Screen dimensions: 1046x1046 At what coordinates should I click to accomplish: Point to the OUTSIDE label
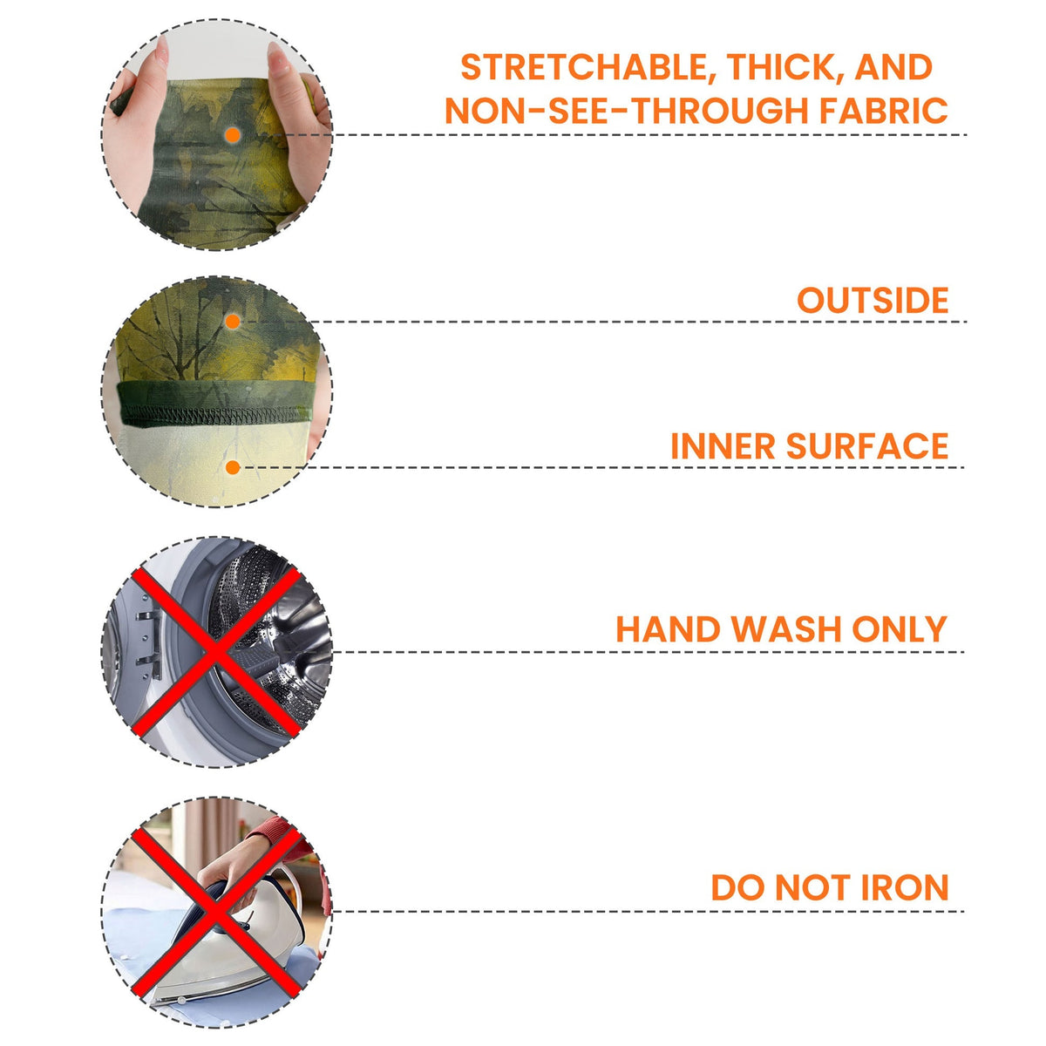tap(873, 300)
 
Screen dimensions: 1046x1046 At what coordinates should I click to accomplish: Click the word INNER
tap(723, 446)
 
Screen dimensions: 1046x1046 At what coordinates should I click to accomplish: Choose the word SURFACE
tap(866, 446)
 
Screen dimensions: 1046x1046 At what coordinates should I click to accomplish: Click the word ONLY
tap(900, 629)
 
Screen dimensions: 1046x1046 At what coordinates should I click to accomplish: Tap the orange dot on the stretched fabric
tap(233, 135)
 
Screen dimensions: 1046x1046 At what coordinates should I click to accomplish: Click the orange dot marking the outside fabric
tap(233, 322)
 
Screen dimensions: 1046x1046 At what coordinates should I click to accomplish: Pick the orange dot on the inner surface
tap(233, 467)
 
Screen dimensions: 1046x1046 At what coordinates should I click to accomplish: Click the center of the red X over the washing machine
tap(216, 652)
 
